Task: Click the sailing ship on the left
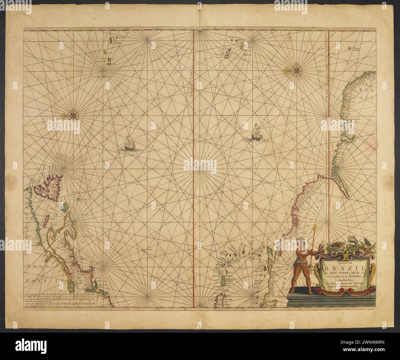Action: point(129,144)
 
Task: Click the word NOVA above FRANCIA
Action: point(35,267)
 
